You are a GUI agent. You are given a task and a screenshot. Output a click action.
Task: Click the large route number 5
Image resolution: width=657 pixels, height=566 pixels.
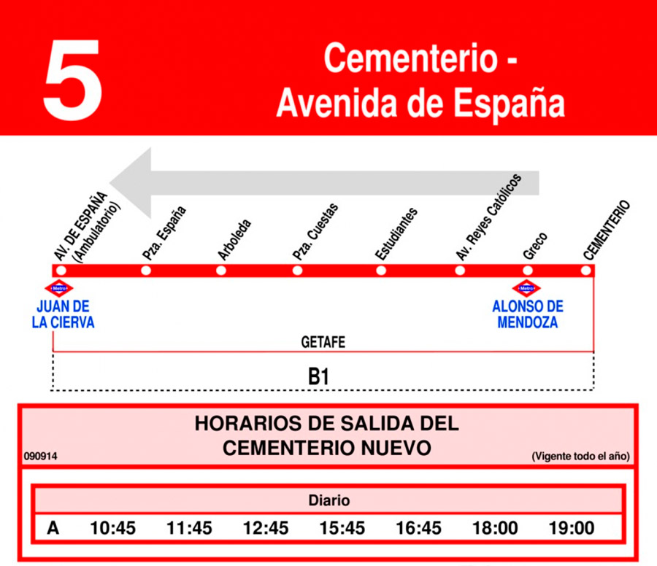tap(72, 80)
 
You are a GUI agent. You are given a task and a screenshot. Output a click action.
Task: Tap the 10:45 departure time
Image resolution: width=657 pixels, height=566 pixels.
tap(112, 528)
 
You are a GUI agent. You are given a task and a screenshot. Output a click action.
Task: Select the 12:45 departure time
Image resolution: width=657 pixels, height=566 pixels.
tap(266, 528)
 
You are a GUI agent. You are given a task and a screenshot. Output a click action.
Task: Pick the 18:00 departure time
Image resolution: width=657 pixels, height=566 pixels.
tap(496, 528)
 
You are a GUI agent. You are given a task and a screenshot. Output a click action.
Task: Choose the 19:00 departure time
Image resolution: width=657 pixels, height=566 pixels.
tap(572, 528)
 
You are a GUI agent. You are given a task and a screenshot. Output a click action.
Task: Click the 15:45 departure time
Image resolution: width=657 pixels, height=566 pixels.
tap(342, 528)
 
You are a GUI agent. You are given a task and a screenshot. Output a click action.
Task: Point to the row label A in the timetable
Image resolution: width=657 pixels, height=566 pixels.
tap(53, 528)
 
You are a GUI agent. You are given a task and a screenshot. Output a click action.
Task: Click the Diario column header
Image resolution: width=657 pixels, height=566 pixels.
tap(328, 500)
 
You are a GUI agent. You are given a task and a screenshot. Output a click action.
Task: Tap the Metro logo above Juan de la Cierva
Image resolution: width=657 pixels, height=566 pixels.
tap(59, 289)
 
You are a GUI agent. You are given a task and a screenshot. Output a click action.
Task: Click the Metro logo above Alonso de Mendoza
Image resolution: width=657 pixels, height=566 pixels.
tap(526, 289)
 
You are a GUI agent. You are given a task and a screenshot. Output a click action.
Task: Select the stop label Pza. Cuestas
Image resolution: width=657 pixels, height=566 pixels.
tap(315, 232)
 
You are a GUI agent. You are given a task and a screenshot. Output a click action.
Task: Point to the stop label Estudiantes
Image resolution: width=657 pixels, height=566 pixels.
tap(396, 234)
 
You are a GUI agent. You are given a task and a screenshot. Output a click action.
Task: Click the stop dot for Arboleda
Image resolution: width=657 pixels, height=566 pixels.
tap(221, 271)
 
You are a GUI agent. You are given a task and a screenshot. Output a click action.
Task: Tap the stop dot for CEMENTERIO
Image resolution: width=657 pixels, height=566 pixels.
tap(585, 271)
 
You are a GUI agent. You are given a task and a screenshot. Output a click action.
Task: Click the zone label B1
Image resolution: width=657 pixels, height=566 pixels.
tap(319, 377)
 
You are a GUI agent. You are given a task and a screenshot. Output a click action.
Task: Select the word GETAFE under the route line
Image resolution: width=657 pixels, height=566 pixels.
tap(323, 342)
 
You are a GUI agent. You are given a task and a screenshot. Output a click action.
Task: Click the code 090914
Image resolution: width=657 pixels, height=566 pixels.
tap(41, 457)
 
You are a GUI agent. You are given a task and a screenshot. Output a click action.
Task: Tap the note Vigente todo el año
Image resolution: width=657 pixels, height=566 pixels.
tap(580, 457)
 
